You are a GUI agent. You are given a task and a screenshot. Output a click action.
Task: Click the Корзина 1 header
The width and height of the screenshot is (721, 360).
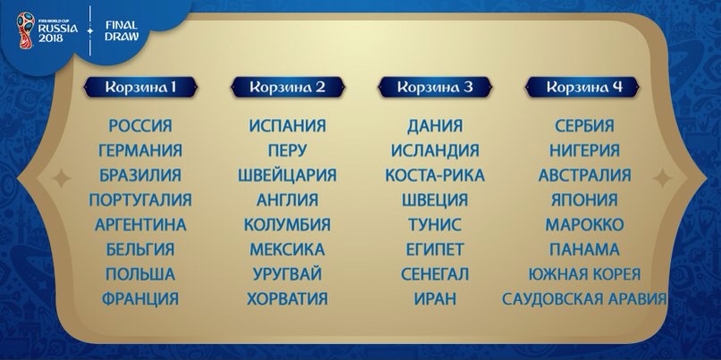coord(140,87)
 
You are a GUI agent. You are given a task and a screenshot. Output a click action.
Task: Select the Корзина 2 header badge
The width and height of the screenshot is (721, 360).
coord(288,87)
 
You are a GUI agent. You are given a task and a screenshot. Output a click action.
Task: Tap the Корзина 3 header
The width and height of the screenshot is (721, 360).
coord(434,87)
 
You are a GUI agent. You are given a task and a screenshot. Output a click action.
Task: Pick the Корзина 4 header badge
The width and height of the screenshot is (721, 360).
coord(583,87)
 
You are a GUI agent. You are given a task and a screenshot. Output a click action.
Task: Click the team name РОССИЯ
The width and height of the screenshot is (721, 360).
coord(140,126)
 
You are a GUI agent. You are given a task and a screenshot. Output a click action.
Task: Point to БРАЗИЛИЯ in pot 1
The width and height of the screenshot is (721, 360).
coord(140,175)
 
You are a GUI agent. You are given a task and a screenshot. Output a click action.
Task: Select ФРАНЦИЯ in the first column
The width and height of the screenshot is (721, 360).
coord(140,299)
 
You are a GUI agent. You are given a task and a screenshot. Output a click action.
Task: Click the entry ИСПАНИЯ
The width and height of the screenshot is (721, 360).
coord(288,126)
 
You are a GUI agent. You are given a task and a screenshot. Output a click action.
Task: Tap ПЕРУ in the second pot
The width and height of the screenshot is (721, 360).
coord(288,150)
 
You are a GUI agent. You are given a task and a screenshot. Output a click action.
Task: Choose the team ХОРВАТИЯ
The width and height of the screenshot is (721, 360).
coord(288,299)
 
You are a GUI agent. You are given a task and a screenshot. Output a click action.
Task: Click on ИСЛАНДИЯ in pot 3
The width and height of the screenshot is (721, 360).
coord(435,150)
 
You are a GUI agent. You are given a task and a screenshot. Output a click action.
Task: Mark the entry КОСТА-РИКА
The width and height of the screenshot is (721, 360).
coord(435,175)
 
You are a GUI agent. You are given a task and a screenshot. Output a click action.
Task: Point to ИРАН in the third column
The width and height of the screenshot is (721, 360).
coord(435,299)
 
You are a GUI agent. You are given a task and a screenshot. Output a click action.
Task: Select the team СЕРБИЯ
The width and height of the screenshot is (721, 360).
coord(584,126)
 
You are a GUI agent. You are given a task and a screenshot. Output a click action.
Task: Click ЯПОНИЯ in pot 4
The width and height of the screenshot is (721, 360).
coord(584,200)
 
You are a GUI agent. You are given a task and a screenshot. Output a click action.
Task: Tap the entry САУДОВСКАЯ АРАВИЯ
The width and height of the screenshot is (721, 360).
coord(584,299)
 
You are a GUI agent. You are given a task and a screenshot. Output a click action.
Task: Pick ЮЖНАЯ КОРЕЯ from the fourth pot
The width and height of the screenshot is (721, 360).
coord(584,274)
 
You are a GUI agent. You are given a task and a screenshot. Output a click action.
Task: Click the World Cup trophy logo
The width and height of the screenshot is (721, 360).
coord(26,29)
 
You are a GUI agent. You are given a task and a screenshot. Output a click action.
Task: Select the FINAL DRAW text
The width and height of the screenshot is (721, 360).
coord(121,30)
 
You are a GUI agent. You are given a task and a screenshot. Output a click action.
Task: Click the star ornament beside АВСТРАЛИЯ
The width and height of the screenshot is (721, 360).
coord(663,178)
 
